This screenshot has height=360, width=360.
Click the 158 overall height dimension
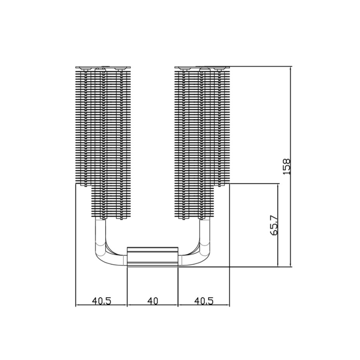pyautogui.click(x=287, y=166)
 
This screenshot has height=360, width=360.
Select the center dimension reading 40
pyautogui.click(x=152, y=301)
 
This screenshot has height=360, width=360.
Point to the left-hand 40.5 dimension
pyautogui.click(x=102, y=301)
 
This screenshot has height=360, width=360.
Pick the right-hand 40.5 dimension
pyautogui.click(x=204, y=301)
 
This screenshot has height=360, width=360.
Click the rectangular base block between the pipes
pyautogui.click(x=153, y=257)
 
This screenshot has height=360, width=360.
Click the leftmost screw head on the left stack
pyautogui.click(x=86, y=69)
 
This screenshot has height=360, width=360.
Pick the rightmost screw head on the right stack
pyautogui.click(x=219, y=69)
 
